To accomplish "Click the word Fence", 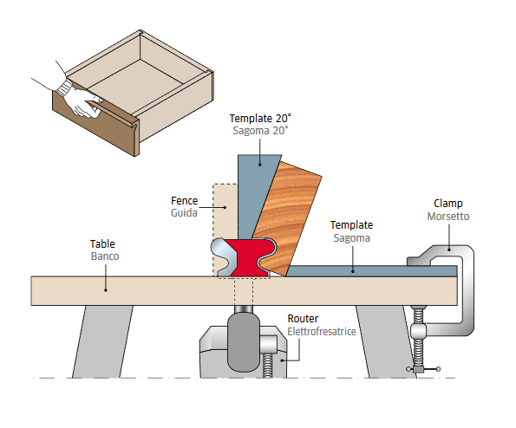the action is coord(184,200).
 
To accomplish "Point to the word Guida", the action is coord(184,213).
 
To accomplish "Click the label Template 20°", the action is coord(260,118).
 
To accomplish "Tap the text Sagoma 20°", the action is coord(260,131).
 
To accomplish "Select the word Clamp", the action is coord(447,204).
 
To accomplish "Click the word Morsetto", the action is coord(448,217).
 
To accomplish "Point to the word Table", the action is coord(102,244).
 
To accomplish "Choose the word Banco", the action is coord(105,256).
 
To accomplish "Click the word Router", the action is coord(303,319).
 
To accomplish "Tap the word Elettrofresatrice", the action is coord(322,331).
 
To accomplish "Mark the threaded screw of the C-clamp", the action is coord(418,339).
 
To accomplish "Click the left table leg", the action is coord(102,341).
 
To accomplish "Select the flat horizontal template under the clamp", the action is coord(371,271).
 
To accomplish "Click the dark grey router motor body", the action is coord(244,342).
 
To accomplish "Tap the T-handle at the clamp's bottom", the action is coord(423,369).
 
